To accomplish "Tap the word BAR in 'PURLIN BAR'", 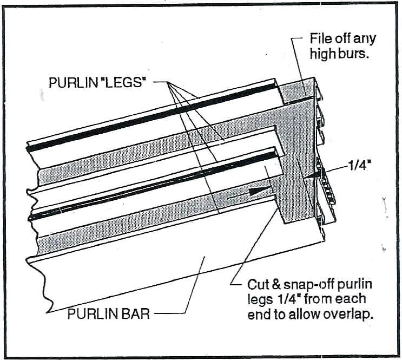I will tap(135, 313).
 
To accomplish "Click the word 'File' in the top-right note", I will tap(320, 39).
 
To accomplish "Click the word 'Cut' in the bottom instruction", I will tap(258, 284).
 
